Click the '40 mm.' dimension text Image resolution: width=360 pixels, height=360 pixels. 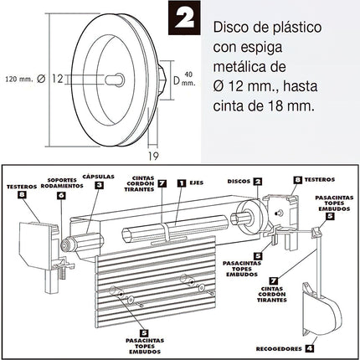click(x=189, y=78)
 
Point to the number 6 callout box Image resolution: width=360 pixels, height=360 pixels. click(x=59, y=195)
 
